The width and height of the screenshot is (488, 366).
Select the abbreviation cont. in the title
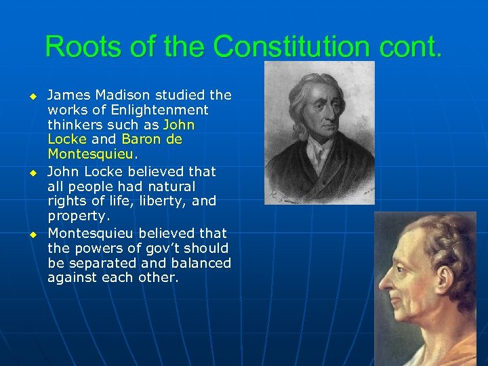pos(409,47)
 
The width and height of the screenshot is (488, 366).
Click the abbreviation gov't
pos(157,247)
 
